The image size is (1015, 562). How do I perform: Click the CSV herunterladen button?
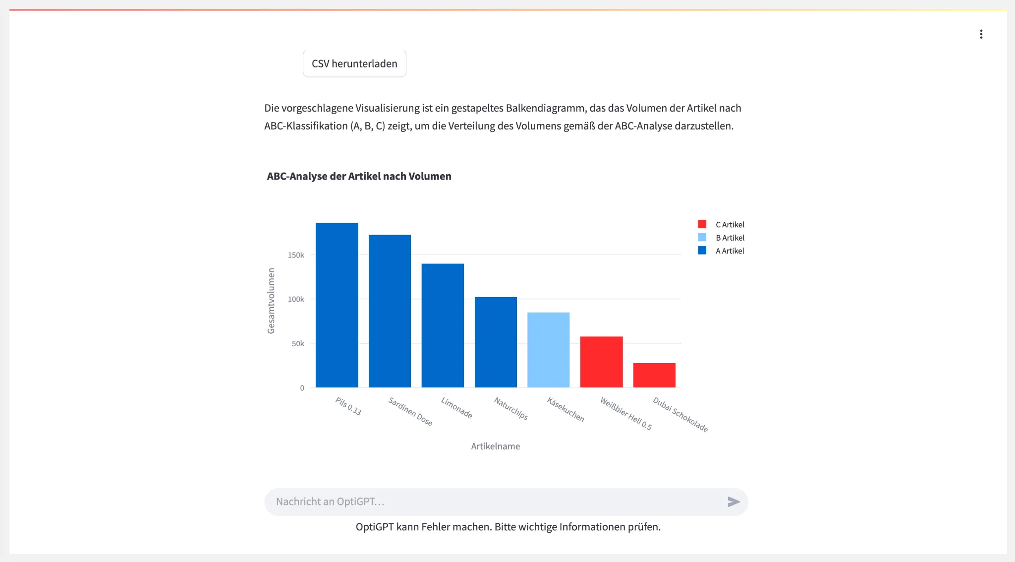pyautogui.click(x=354, y=63)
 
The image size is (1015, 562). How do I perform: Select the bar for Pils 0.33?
pyautogui.click(x=337, y=305)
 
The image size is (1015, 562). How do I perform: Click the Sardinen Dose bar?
pyautogui.click(x=390, y=311)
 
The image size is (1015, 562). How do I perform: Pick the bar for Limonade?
pyautogui.click(x=443, y=325)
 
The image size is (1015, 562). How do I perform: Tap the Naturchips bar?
pyautogui.click(x=496, y=342)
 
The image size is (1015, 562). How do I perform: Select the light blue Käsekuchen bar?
pyautogui.click(x=548, y=350)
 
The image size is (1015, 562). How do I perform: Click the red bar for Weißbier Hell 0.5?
pyautogui.click(x=601, y=362)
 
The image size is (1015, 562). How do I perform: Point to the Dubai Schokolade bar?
pyautogui.click(x=654, y=375)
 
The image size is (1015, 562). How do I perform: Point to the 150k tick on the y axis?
pyautogui.click(x=296, y=255)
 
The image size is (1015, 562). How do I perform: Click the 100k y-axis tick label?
pyautogui.click(x=296, y=299)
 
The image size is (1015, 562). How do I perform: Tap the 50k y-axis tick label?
pyautogui.click(x=298, y=343)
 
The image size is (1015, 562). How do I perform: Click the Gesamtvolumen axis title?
pyautogui.click(x=271, y=301)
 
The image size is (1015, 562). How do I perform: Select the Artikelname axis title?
pyautogui.click(x=495, y=446)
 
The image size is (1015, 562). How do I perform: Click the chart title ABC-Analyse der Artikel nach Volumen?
pyautogui.click(x=359, y=176)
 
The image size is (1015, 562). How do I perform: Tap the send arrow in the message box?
pyautogui.click(x=733, y=501)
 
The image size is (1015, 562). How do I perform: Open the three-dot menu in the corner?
pyautogui.click(x=981, y=34)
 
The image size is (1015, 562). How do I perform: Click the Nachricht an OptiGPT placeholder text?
pyautogui.click(x=330, y=501)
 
